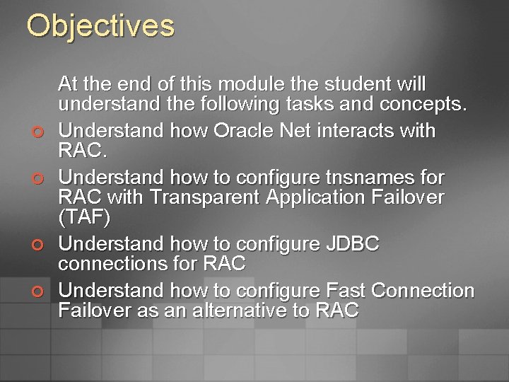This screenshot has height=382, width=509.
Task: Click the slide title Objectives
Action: click(100, 26)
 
